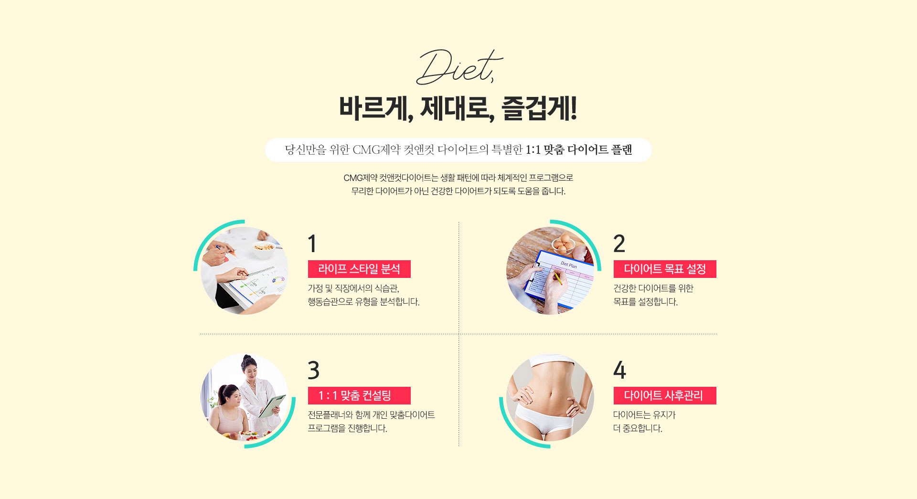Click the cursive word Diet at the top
click(458, 67)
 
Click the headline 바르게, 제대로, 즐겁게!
click(458, 108)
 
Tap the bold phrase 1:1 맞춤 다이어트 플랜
click(579, 150)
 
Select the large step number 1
click(312, 244)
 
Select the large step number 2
click(619, 244)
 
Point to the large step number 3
click(314, 370)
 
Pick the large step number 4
click(619, 370)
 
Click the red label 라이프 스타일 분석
click(359, 269)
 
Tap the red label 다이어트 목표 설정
click(665, 269)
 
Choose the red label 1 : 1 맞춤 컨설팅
click(359, 395)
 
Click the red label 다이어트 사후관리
click(665, 395)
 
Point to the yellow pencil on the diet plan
click(557, 278)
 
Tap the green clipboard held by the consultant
click(272, 406)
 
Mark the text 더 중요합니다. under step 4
click(638, 428)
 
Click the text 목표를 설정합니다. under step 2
click(646, 302)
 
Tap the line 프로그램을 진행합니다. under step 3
click(347, 428)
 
